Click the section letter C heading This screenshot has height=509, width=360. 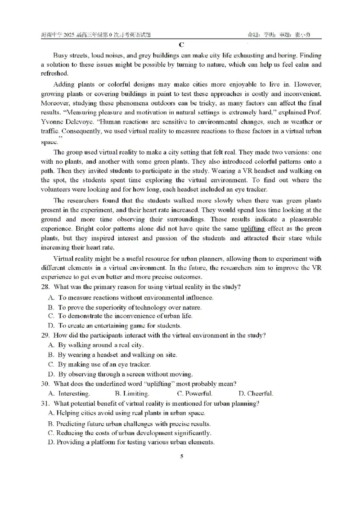tap(181, 45)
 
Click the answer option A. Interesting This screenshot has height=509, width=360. tap(69, 393)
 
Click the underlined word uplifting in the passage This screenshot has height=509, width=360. tap(252, 228)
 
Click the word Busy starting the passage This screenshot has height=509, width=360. tap(60, 55)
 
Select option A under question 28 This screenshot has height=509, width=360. tap(130, 297)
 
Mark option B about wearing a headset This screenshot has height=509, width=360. tap(112, 355)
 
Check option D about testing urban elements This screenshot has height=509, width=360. tap(130, 442)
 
